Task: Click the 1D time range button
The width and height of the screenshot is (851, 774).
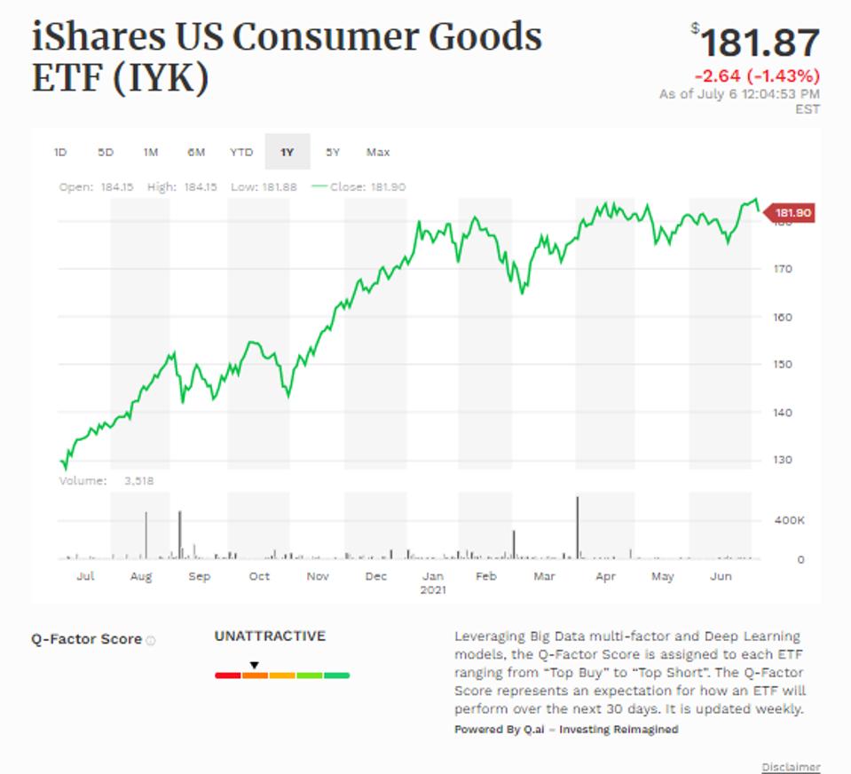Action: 60,152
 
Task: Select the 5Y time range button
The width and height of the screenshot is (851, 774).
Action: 333,152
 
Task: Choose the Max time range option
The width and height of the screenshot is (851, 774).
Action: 378,152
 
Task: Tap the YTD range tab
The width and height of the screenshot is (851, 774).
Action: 241,152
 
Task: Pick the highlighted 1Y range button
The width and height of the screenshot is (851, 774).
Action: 287,152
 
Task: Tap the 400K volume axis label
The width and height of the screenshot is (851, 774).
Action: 789,520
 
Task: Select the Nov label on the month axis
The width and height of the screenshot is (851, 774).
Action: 318,576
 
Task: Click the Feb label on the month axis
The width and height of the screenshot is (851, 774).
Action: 485,576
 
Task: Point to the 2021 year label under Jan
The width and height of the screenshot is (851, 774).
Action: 433,589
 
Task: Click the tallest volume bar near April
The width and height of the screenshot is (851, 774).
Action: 578,527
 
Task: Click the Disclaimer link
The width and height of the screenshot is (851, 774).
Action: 791,767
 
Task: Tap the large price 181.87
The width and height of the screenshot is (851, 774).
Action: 759,43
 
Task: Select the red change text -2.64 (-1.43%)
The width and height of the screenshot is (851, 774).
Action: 757,75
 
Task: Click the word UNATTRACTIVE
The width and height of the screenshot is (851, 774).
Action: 270,636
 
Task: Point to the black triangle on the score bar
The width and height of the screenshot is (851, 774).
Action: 254,665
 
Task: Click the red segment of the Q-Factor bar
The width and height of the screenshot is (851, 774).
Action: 228,675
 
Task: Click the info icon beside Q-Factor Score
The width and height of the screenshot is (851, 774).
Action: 151,640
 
